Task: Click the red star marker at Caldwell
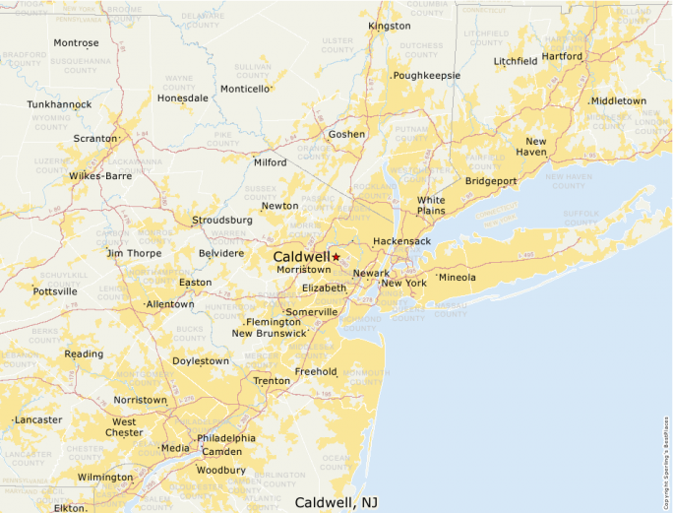click(x=336, y=256)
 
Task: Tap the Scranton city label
click(x=94, y=139)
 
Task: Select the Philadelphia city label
click(x=226, y=438)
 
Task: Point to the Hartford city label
click(x=562, y=56)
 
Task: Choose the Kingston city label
click(x=390, y=26)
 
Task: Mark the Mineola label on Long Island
click(x=457, y=277)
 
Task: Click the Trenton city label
click(x=272, y=380)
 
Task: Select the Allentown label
click(x=170, y=304)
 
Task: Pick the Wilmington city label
click(x=105, y=477)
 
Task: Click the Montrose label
click(x=76, y=43)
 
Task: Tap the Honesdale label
click(x=183, y=98)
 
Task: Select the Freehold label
click(x=316, y=371)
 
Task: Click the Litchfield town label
click(x=516, y=61)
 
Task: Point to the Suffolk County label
click(x=580, y=217)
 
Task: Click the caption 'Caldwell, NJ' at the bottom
click(x=336, y=502)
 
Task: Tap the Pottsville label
click(x=55, y=291)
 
